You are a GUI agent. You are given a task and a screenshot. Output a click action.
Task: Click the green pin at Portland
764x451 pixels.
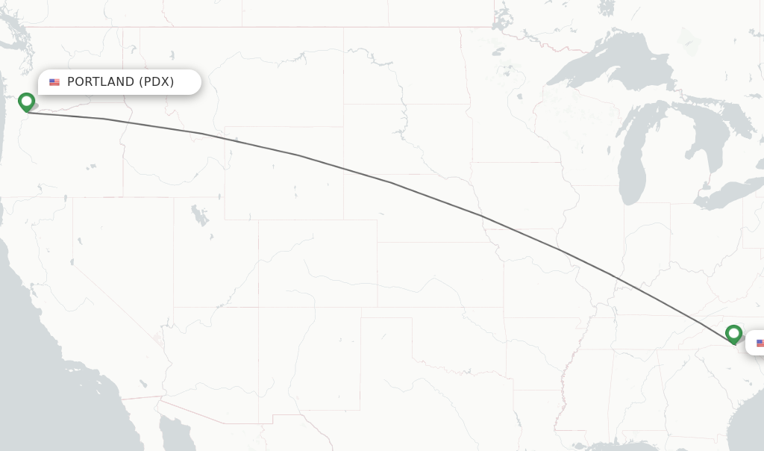click(27, 102)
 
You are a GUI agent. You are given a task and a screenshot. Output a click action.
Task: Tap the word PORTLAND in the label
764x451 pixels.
click(101, 82)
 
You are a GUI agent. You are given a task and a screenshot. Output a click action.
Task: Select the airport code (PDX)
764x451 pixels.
click(156, 82)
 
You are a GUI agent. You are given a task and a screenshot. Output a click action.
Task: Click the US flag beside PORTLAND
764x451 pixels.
click(54, 82)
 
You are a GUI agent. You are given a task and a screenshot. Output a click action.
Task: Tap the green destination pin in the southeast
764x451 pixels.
click(733, 333)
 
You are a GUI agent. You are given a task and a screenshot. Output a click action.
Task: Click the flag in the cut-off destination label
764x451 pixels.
click(760, 343)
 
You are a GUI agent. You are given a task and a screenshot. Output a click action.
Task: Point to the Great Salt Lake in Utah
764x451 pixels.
click(199, 216)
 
